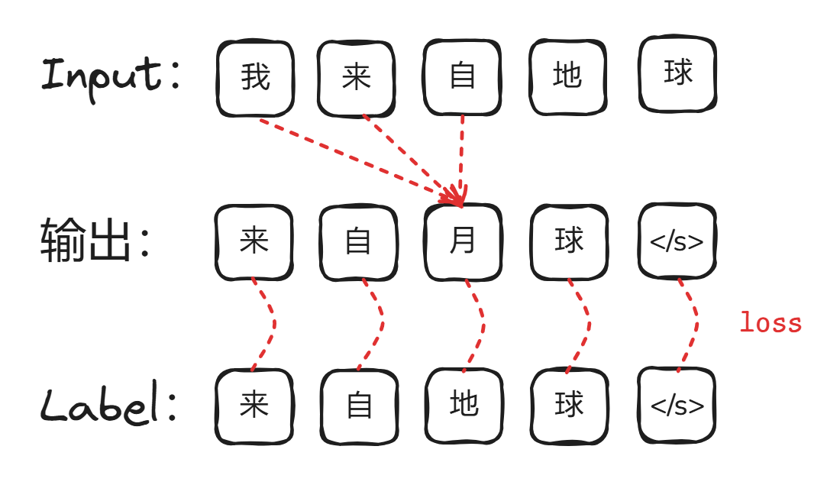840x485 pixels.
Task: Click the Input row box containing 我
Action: coord(255,78)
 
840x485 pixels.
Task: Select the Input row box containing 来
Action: coord(357,78)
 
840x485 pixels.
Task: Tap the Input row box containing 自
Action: coord(462,76)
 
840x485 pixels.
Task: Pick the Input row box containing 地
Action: coord(567,76)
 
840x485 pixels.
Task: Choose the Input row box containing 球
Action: coord(677,73)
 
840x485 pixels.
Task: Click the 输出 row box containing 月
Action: coord(463,242)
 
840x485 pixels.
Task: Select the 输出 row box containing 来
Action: coord(254,242)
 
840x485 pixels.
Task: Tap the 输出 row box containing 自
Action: coord(358,242)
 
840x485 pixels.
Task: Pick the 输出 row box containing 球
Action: coord(569,242)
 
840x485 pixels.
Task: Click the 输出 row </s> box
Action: coord(677,241)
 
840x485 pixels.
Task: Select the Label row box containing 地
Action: coord(464,405)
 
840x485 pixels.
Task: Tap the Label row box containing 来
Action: coord(254,406)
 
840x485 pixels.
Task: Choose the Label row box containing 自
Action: coord(359,406)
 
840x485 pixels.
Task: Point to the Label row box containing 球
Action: coord(569,406)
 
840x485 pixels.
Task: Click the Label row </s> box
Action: coord(677,406)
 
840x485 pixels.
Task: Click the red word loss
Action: coord(770,323)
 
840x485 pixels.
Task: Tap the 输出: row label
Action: coord(96,241)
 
